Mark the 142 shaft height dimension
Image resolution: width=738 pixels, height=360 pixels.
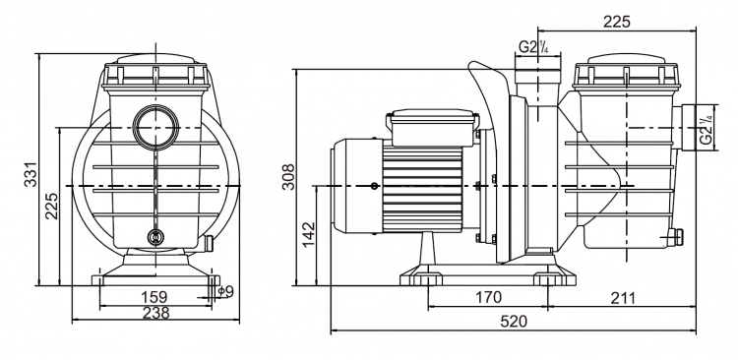click(308, 233)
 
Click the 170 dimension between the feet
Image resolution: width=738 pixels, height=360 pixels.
click(488, 296)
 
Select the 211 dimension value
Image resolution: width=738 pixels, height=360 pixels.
click(622, 297)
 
